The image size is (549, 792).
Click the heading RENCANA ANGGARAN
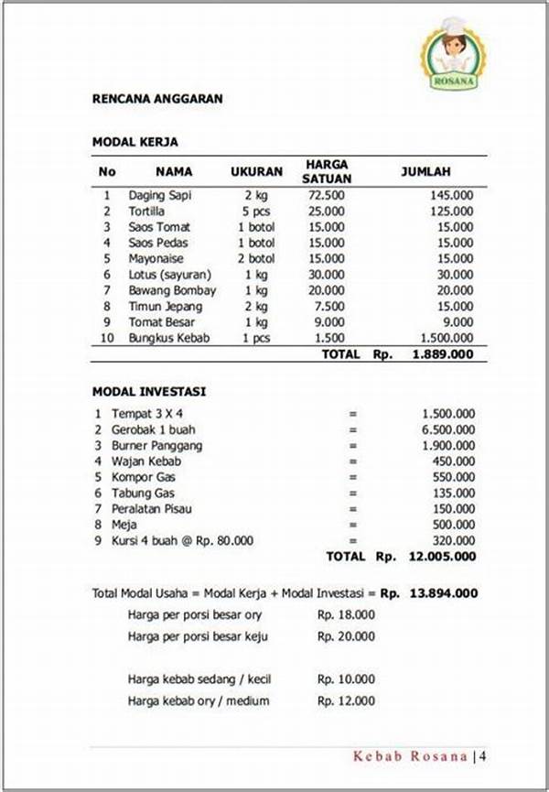[157, 99]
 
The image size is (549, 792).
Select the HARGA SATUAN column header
[326, 171]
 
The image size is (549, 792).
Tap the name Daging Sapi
[160, 195]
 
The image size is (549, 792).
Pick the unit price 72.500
[327, 195]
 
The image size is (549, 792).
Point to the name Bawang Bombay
[172, 290]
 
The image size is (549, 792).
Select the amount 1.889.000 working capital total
[443, 354]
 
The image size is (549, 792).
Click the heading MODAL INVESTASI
[149, 391]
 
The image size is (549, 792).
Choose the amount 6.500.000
[447, 429]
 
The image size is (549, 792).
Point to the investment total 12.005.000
[443, 556]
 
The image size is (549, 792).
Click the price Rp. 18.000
[346, 614]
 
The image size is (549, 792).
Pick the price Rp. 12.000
[346, 701]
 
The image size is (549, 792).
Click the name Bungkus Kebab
[168, 338]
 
